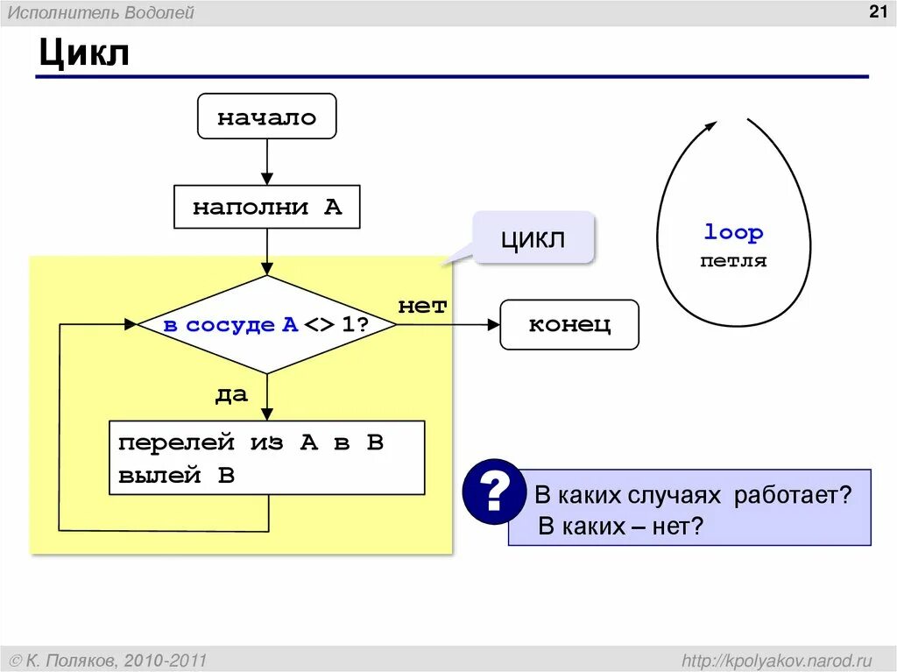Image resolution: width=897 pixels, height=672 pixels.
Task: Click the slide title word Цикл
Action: tap(83, 54)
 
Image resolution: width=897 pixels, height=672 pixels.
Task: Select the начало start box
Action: tap(266, 117)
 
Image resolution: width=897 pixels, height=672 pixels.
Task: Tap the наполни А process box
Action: tap(267, 208)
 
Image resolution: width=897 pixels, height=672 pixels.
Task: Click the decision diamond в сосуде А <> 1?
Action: tap(267, 325)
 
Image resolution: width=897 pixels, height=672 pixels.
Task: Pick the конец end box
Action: tap(569, 325)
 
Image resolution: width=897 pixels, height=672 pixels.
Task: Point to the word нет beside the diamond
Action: tap(422, 307)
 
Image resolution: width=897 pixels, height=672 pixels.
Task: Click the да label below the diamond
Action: tap(232, 395)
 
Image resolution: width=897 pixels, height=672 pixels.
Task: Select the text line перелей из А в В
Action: tap(251, 442)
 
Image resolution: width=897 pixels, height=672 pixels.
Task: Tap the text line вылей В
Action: tap(177, 476)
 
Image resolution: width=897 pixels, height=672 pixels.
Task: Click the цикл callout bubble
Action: tap(533, 238)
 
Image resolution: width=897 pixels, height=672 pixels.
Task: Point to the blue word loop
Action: tap(733, 233)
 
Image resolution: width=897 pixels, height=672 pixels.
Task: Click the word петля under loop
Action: tap(733, 261)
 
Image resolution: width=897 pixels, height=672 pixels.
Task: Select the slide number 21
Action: tap(877, 11)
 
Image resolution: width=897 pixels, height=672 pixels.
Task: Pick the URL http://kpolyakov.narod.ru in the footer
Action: tap(777, 660)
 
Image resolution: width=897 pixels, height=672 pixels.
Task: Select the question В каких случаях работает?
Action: tap(693, 495)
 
